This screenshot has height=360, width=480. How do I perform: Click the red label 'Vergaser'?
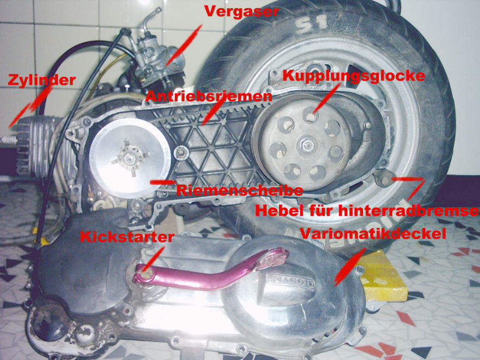click(242, 11)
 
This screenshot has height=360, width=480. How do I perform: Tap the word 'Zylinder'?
click(42, 80)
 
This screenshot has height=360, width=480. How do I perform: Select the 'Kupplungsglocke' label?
click(354, 76)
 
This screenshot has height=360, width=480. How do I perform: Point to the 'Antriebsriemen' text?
click(209, 96)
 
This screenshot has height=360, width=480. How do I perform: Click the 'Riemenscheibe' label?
click(239, 190)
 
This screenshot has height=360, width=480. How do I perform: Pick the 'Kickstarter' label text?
click(127, 237)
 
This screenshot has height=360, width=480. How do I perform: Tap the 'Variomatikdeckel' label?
click(373, 234)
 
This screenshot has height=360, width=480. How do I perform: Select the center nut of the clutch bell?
click(307, 144)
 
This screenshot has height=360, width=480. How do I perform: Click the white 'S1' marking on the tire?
click(312, 24)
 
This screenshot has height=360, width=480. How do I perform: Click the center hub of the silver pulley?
click(131, 158)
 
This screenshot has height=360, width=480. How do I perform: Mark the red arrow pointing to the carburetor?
click(184, 45)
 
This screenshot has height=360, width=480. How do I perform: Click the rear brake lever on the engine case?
click(383, 178)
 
